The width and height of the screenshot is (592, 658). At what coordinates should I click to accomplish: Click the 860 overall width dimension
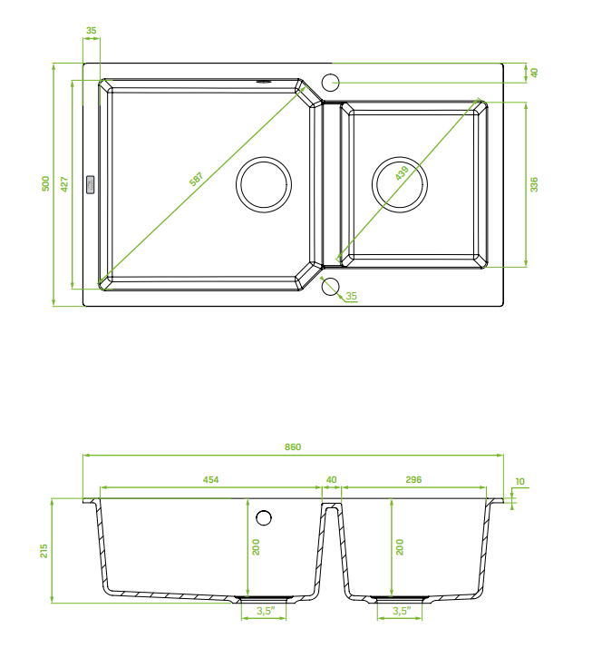click(x=293, y=447)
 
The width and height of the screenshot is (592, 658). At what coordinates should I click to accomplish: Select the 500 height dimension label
click(x=45, y=183)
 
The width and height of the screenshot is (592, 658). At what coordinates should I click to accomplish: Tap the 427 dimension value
click(x=64, y=184)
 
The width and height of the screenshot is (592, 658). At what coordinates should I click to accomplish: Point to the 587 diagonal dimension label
click(x=196, y=179)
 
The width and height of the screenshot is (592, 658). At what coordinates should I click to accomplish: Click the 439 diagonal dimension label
click(x=402, y=173)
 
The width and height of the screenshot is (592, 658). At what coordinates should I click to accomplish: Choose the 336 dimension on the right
click(x=534, y=184)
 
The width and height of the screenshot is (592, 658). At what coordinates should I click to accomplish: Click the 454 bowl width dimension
click(x=210, y=479)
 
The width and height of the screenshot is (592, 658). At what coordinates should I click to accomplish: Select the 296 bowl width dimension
click(x=413, y=479)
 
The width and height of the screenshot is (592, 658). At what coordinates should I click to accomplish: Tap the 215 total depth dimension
click(x=44, y=551)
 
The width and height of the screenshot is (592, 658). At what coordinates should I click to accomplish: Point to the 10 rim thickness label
click(x=519, y=481)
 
